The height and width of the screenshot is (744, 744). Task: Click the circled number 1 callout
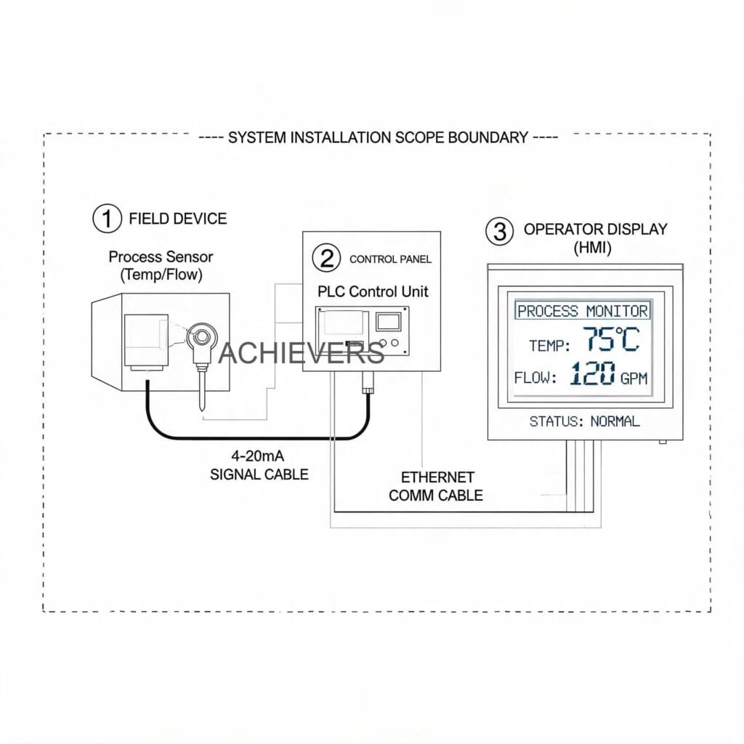pos(107,218)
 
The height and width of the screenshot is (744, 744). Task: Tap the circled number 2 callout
pos(326,258)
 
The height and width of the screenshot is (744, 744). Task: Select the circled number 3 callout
pos(500,231)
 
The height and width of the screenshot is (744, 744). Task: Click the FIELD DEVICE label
pos(178,219)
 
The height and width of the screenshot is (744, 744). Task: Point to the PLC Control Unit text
pos(373,291)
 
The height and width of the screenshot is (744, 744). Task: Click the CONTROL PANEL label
pos(390,259)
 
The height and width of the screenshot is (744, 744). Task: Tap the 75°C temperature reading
pos(611,339)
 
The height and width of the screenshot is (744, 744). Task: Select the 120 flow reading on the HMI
pos(593,373)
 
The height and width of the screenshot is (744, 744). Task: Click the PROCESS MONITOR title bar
pos(583,311)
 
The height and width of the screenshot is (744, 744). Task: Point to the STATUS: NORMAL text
pos(585,421)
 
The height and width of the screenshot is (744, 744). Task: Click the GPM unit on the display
pos(634,378)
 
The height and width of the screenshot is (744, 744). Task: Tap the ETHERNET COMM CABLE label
pos(436,486)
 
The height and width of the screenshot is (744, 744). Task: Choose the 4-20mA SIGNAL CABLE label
pos(259,465)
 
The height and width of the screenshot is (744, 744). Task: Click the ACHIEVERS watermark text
pos(302,353)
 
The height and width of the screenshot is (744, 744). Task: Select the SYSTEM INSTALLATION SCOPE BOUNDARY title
pos(378,137)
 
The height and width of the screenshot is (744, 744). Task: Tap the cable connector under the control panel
pos(368,382)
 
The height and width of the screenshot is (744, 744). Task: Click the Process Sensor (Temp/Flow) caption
pos(161,266)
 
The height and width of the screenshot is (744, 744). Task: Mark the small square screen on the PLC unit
pos(388,322)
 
